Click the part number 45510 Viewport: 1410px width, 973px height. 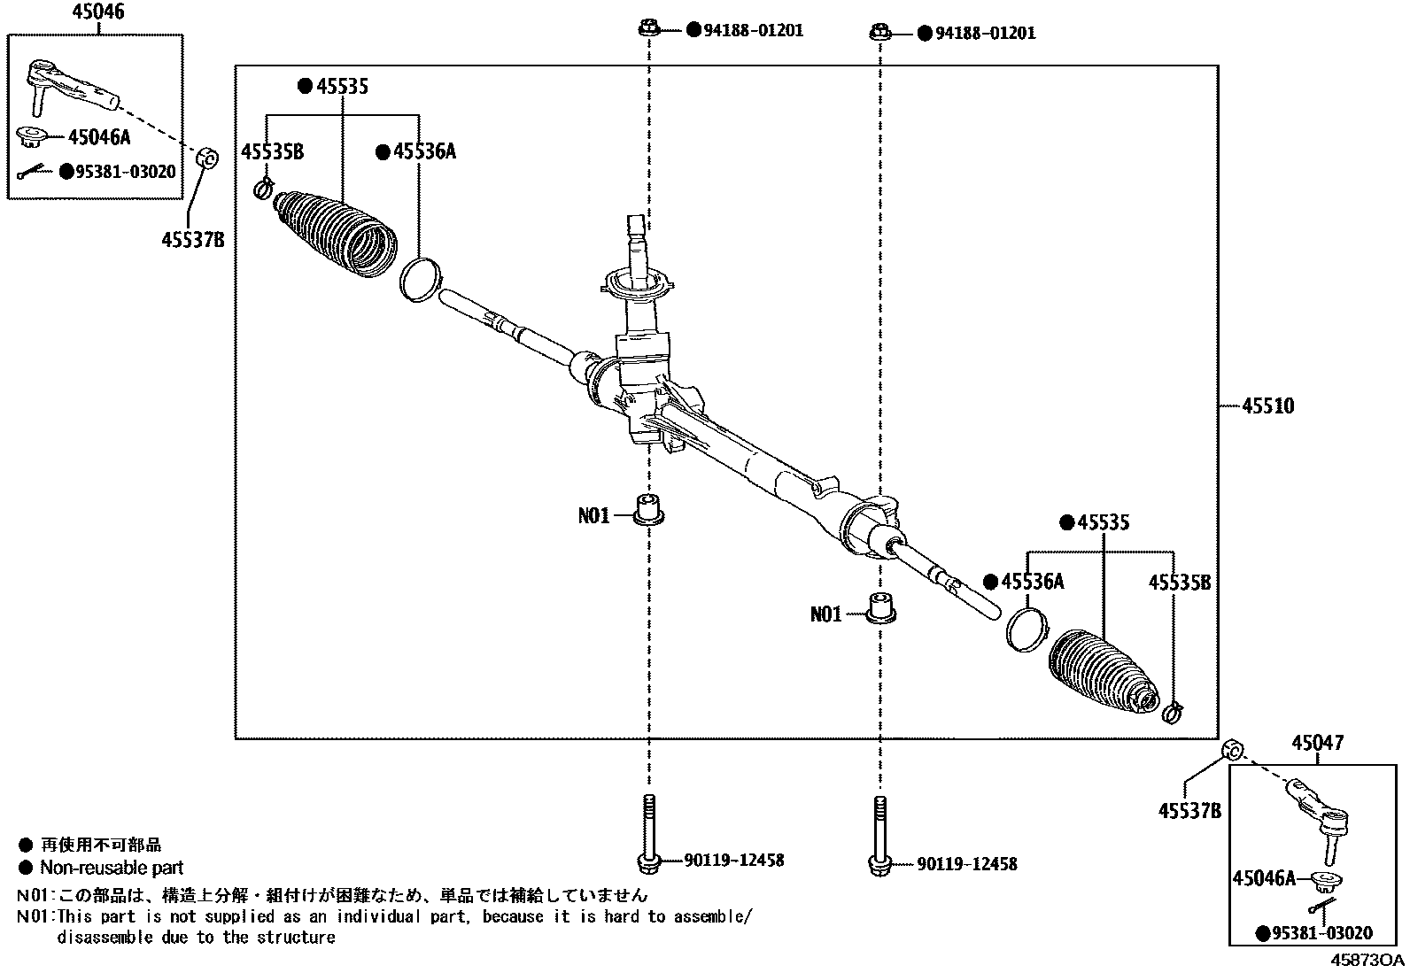pos(1267,406)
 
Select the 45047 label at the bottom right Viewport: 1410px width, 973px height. pos(1316,744)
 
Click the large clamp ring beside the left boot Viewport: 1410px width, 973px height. pos(419,278)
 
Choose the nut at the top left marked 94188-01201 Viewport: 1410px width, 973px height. pos(648,28)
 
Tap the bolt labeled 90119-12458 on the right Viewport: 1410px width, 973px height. pos(879,832)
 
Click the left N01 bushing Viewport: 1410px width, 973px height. pos(650,511)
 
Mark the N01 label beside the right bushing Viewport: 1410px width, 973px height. pos(825,614)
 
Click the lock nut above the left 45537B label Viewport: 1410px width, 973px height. pos(207,159)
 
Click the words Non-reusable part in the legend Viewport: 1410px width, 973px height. pos(112,868)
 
